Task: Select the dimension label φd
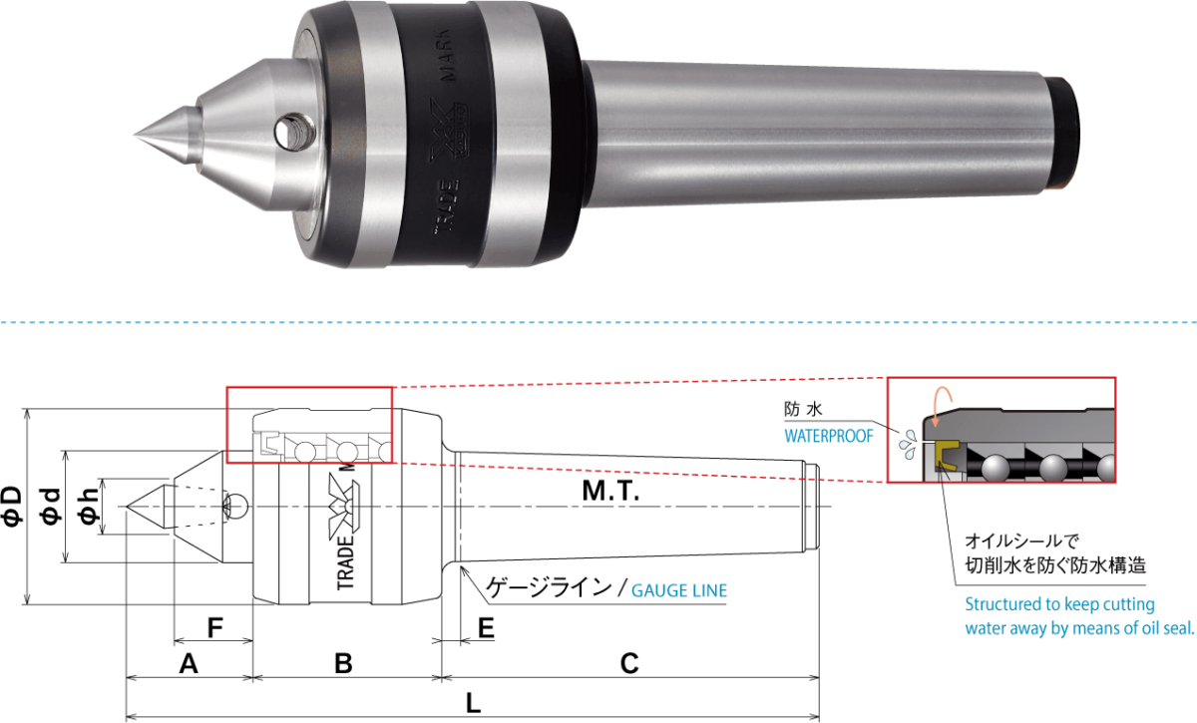click(x=51, y=506)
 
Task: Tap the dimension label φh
click(x=89, y=506)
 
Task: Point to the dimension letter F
click(x=214, y=628)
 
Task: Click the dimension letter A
click(x=189, y=664)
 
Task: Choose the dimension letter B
click(x=343, y=664)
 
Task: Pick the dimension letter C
click(x=629, y=664)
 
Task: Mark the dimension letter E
click(x=486, y=628)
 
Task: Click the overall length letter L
click(x=474, y=703)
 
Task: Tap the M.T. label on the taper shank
click(x=610, y=491)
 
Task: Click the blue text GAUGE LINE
click(x=679, y=590)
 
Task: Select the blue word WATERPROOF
click(x=828, y=436)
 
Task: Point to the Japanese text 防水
click(x=803, y=409)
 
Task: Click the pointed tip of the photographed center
click(x=135, y=134)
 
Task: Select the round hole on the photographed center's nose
click(x=293, y=132)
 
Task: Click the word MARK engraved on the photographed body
click(x=445, y=54)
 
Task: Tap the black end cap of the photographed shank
click(x=1064, y=133)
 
